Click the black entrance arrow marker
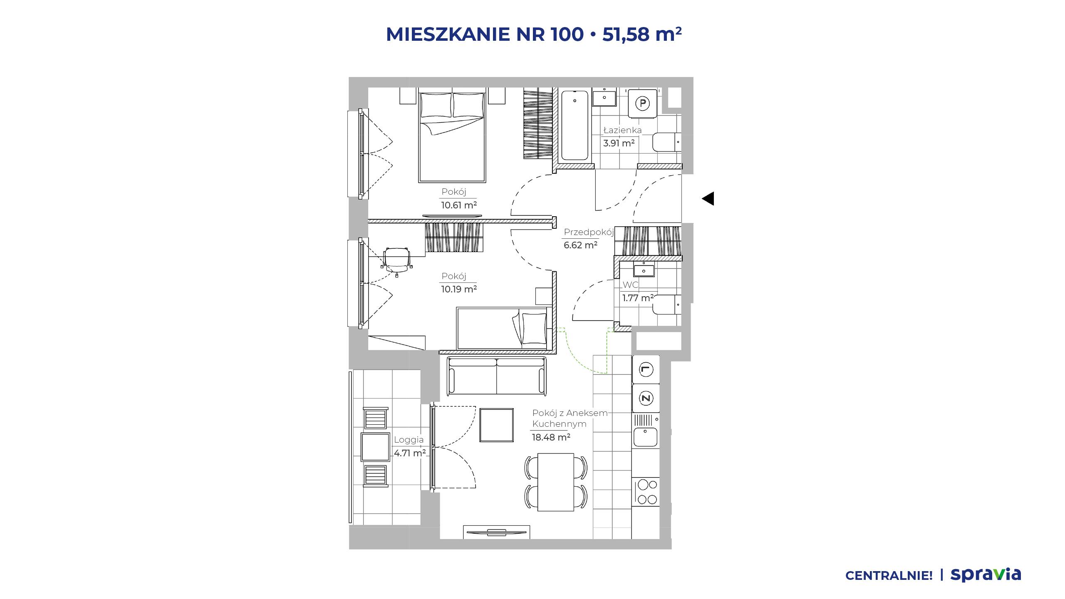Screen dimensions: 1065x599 point(708,198)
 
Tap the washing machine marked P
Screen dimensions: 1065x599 point(642,103)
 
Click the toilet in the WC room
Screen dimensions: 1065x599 point(667,304)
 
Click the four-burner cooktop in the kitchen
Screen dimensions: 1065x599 point(646,491)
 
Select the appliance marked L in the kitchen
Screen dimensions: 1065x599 point(646,369)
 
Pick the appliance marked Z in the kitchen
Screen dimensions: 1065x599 point(646,398)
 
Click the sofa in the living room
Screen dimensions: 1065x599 point(496,376)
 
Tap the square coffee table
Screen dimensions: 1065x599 point(497,425)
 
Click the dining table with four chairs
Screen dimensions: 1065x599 point(556,482)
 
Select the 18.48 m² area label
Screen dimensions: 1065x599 point(551,437)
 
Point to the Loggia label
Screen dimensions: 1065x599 point(409,440)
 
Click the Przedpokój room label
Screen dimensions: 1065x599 point(589,232)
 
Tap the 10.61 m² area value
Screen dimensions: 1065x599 point(459,205)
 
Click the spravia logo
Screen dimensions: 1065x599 point(986,575)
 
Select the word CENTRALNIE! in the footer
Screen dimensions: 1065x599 point(889,576)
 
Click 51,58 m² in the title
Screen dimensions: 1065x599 point(642,34)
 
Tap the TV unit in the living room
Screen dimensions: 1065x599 point(496,532)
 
